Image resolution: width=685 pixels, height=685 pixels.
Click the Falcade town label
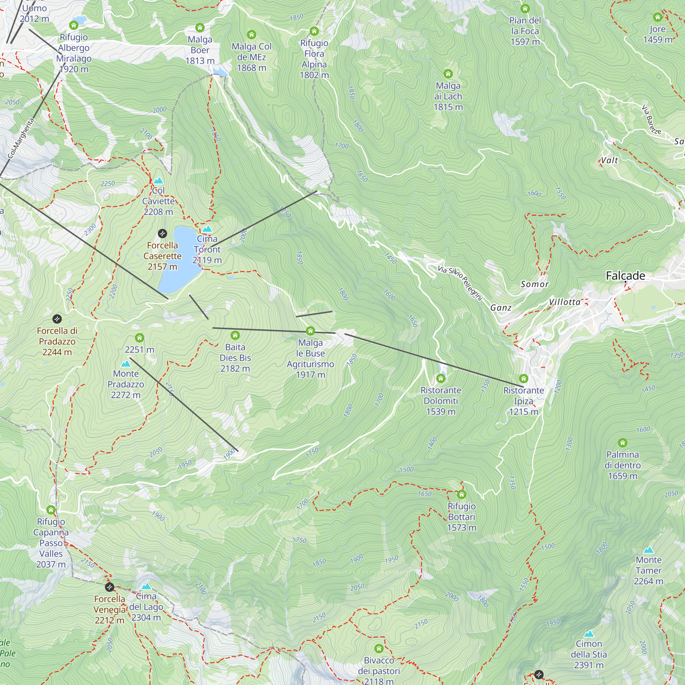point(625,275)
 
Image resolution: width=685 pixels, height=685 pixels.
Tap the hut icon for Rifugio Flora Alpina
point(314,31)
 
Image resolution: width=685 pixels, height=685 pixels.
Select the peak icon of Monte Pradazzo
point(125,364)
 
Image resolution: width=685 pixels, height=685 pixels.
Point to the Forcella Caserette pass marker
point(162,233)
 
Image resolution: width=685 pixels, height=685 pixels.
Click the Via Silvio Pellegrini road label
point(460,283)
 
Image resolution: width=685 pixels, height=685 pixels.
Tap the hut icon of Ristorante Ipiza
point(523,379)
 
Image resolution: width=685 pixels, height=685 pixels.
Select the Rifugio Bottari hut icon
point(461,494)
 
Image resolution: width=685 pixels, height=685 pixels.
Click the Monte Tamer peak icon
point(648,550)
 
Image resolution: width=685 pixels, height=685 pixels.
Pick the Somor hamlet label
point(535,284)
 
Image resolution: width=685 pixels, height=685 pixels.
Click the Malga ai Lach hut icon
point(448,74)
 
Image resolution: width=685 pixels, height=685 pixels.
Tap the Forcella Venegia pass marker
point(110,587)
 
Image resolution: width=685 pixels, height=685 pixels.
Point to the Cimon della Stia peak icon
point(588,634)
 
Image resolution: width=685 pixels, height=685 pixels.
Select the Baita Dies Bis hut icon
point(235,335)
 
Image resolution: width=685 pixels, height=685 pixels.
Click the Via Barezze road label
point(651,120)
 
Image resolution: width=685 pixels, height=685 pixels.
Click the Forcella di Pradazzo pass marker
point(57,319)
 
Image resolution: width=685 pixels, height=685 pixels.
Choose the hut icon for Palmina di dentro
point(622,443)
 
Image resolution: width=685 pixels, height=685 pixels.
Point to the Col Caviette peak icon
point(158,180)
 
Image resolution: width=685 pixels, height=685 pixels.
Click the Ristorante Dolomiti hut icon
point(440,378)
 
